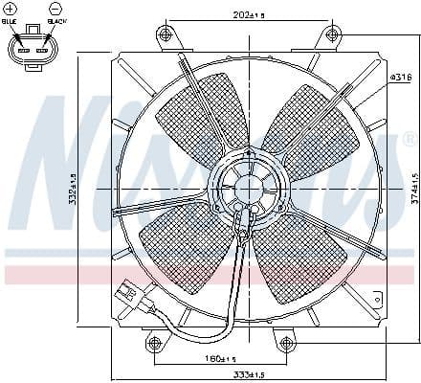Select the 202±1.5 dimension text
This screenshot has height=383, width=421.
[223, 13]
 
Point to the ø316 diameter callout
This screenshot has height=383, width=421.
[402, 76]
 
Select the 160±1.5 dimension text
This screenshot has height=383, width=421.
[222, 359]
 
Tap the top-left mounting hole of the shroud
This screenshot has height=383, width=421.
[166, 35]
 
